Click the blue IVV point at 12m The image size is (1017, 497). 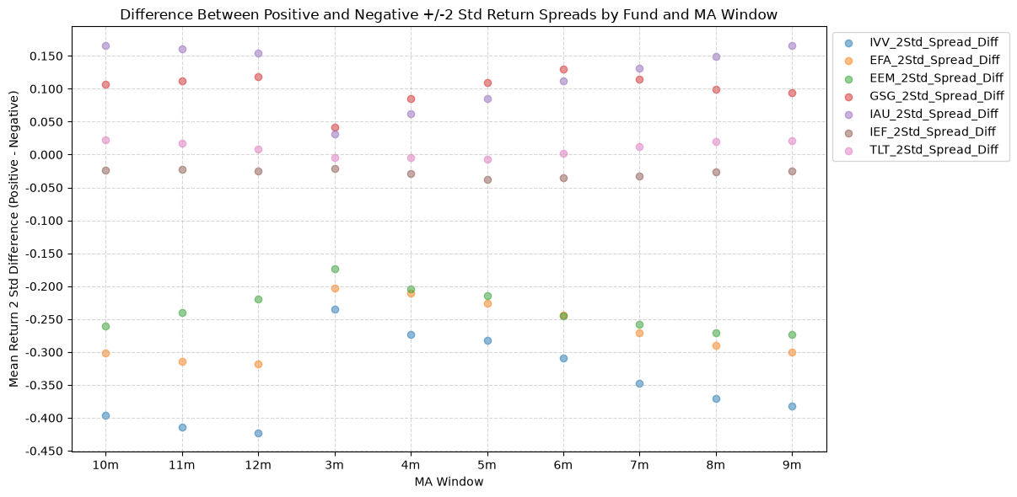tap(258, 434)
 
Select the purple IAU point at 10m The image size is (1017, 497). tap(105, 45)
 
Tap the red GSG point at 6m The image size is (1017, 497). tap(563, 69)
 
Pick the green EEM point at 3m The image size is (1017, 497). tap(335, 269)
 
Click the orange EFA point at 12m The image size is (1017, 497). tap(258, 364)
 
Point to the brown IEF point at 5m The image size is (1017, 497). tap(487, 179)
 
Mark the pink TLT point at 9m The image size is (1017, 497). tap(792, 141)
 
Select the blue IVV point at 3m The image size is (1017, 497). tap(335, 309)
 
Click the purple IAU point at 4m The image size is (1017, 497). tap(411, 114)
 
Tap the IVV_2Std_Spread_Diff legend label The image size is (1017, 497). tap(934, 43)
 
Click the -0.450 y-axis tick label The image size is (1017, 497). tap(45, 452)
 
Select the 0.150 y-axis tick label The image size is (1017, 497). tap(46, 56)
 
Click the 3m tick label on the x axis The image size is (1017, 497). tap(335, 465)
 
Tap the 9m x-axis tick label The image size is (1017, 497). tap(792, 465)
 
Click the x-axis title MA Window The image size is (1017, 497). tap(449, 482)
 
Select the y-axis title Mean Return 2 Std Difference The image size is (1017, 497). tap(13, 239)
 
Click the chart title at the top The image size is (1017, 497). tap(449, 14)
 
